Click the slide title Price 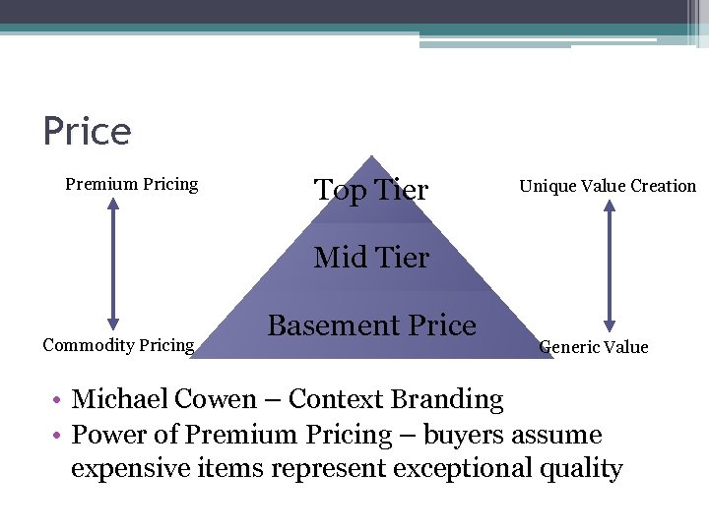[x=87, y=132]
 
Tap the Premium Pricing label [x=132, y=184]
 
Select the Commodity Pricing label [x=118, y=344]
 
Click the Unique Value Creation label [x=608, y=186]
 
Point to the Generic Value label [x=594, y=346]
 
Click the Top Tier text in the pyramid [x=371, y=190]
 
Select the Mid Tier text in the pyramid [x=371, y=258]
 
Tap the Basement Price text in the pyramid [x=371, y=325]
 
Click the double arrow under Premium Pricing [x=113, y=264]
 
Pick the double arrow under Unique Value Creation [x=609, y=265]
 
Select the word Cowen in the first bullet [x=215, y=399]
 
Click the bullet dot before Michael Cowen [x=59, y=400]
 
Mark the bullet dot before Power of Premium [x=59, y=435]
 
